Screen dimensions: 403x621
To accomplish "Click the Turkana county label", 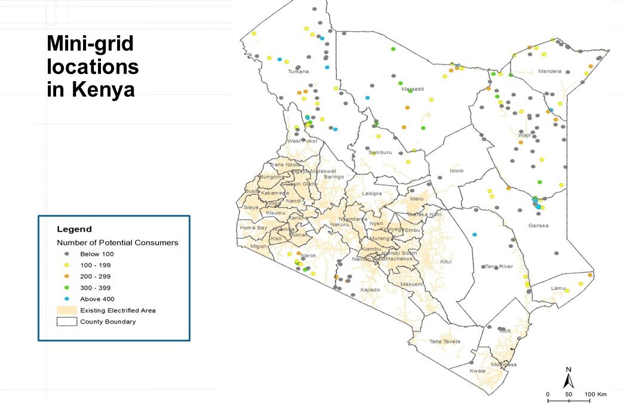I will (x=298, y=72).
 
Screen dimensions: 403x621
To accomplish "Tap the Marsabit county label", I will (x=413, y=89).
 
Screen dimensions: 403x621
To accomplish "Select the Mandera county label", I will (x=549, y=72).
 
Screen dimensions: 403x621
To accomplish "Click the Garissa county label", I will (x=537, y=226).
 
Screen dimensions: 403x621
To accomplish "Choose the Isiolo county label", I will (x=456, y=171).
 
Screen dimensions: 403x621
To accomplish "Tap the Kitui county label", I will (x=445, y=262).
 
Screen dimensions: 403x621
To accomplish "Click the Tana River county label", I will (x=499, y=266).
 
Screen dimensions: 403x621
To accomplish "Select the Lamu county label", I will (x=558, y=288).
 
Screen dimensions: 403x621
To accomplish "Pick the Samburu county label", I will (x=380, y=152).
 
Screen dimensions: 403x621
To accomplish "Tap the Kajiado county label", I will (x=370, y=290).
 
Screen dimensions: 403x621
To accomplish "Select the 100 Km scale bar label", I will (x=595, y=395).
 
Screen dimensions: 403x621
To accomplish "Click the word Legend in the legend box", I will (x=74, y=229).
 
